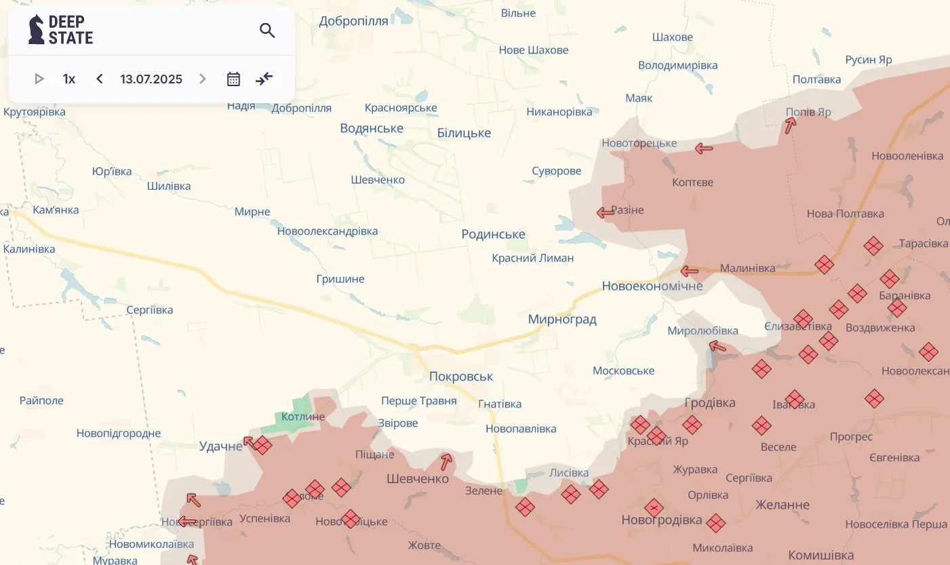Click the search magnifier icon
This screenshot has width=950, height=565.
click(x=267, y=31)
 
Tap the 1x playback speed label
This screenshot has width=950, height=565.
click(x=69, y=79)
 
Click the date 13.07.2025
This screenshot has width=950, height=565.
click(x=151, y=79)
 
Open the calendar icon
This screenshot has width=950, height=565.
click(x=233, y=79)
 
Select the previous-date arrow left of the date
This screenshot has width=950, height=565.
click(x=100, y=79)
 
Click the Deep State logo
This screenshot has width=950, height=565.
click(x=61, y=30)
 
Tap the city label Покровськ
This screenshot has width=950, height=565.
click(x=461, y=376)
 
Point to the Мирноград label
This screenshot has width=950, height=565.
click(x=562, y=319)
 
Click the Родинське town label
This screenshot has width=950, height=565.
click(x=493, y=234)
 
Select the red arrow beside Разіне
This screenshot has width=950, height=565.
click(x=605, y=212)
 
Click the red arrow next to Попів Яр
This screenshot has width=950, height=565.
click(x=790, y=125)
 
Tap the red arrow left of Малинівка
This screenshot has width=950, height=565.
click(x=690, y=271)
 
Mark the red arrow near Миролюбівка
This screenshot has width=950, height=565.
click(x=717, y=347)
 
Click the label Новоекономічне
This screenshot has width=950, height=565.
click(x=652, y=286)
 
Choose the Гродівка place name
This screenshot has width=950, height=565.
click(x=710, y=403)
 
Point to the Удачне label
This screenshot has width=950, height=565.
click(x=220, y=446)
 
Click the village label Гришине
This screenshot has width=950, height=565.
click(x=340, y=279)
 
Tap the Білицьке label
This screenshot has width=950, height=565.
click(x=464, y=133)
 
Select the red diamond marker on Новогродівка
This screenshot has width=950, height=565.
click(x=654, y=507)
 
